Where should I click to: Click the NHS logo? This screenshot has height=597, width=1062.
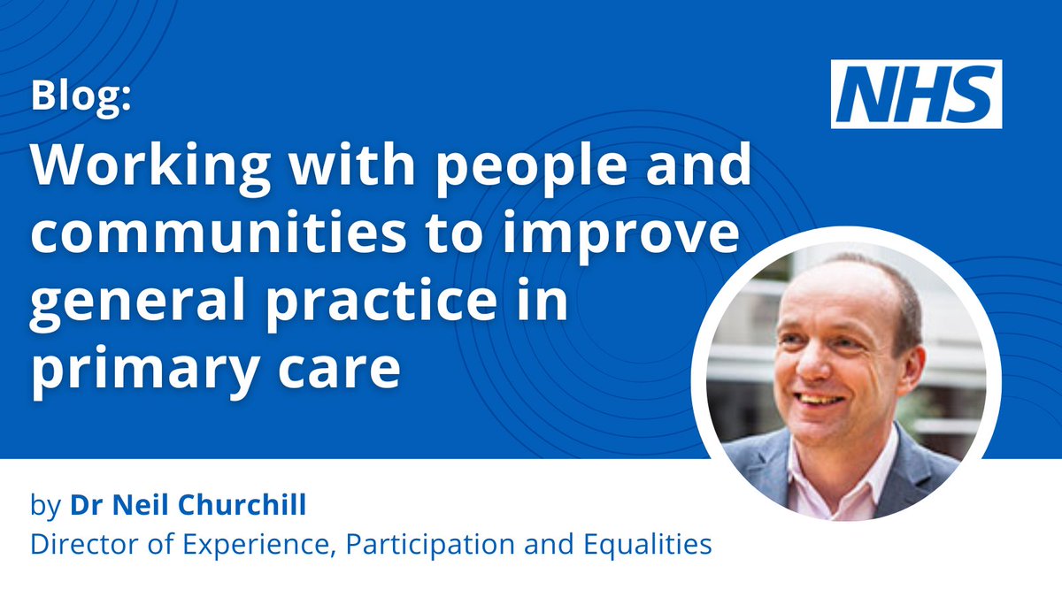click(x=916, y=94)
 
